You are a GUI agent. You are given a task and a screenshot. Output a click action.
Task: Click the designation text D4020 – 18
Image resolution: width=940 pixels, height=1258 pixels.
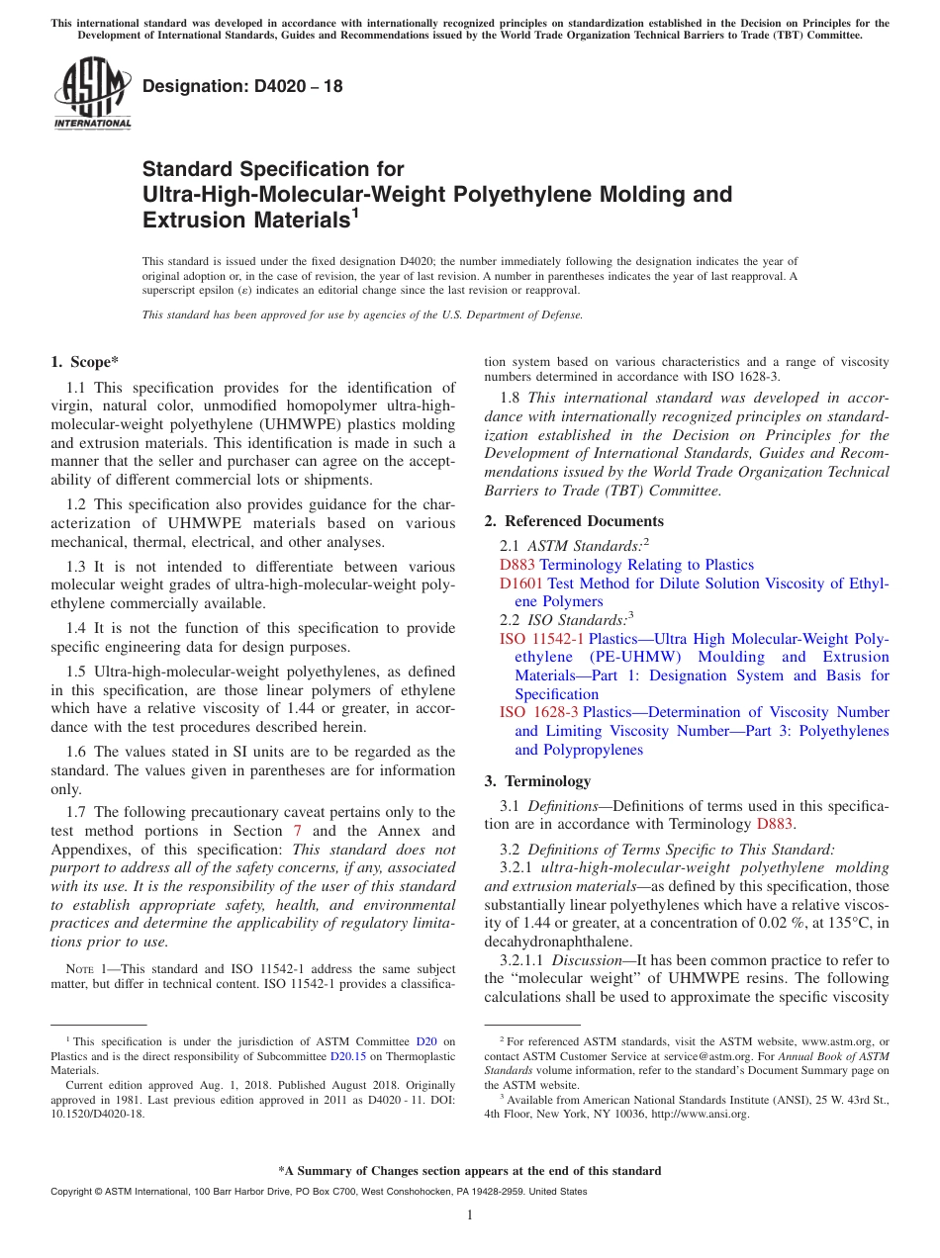(242, 86)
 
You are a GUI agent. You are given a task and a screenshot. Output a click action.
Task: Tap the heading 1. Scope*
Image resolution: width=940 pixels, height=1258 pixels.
(86, 362)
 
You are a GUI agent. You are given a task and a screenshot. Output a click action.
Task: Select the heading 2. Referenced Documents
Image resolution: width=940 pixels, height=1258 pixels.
(574, 521)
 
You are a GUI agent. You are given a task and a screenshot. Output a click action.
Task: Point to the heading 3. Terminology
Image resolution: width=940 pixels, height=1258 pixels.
(537, 781)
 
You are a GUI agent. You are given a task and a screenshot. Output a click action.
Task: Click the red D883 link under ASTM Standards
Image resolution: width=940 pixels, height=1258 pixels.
(517, 565)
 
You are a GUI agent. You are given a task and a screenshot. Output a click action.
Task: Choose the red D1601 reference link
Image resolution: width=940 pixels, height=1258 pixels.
(521, 584)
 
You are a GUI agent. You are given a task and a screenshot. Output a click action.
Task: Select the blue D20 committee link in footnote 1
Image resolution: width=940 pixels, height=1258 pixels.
(426, 1041)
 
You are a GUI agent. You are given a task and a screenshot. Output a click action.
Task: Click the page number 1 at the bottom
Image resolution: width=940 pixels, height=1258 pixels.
(469, 1215)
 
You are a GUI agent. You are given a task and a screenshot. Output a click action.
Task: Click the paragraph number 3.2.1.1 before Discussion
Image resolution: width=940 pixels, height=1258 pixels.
(522, 960)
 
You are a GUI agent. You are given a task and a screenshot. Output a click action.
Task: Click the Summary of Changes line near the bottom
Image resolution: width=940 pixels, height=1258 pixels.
(469, 1171)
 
